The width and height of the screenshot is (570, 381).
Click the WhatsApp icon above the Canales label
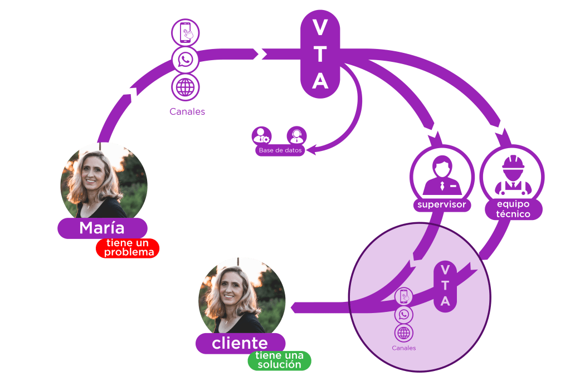point(186,60)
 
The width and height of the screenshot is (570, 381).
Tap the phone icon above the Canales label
point(186,32)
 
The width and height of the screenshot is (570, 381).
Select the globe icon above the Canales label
point(186,87)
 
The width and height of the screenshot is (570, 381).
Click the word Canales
point(187,112)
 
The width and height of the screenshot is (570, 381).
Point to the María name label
point(102,228)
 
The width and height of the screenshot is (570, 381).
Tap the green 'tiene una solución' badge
point(280,360)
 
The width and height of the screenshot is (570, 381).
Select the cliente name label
point(240,343)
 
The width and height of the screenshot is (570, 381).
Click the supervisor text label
point(442,205)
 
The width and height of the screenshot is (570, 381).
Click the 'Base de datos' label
point(280,150)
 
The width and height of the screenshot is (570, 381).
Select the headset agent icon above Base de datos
point(296,135)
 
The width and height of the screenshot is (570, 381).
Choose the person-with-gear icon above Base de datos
point(261,135)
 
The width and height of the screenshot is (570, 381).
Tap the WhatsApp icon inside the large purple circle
point(404,315)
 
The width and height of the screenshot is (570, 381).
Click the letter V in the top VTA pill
point(320,26)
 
